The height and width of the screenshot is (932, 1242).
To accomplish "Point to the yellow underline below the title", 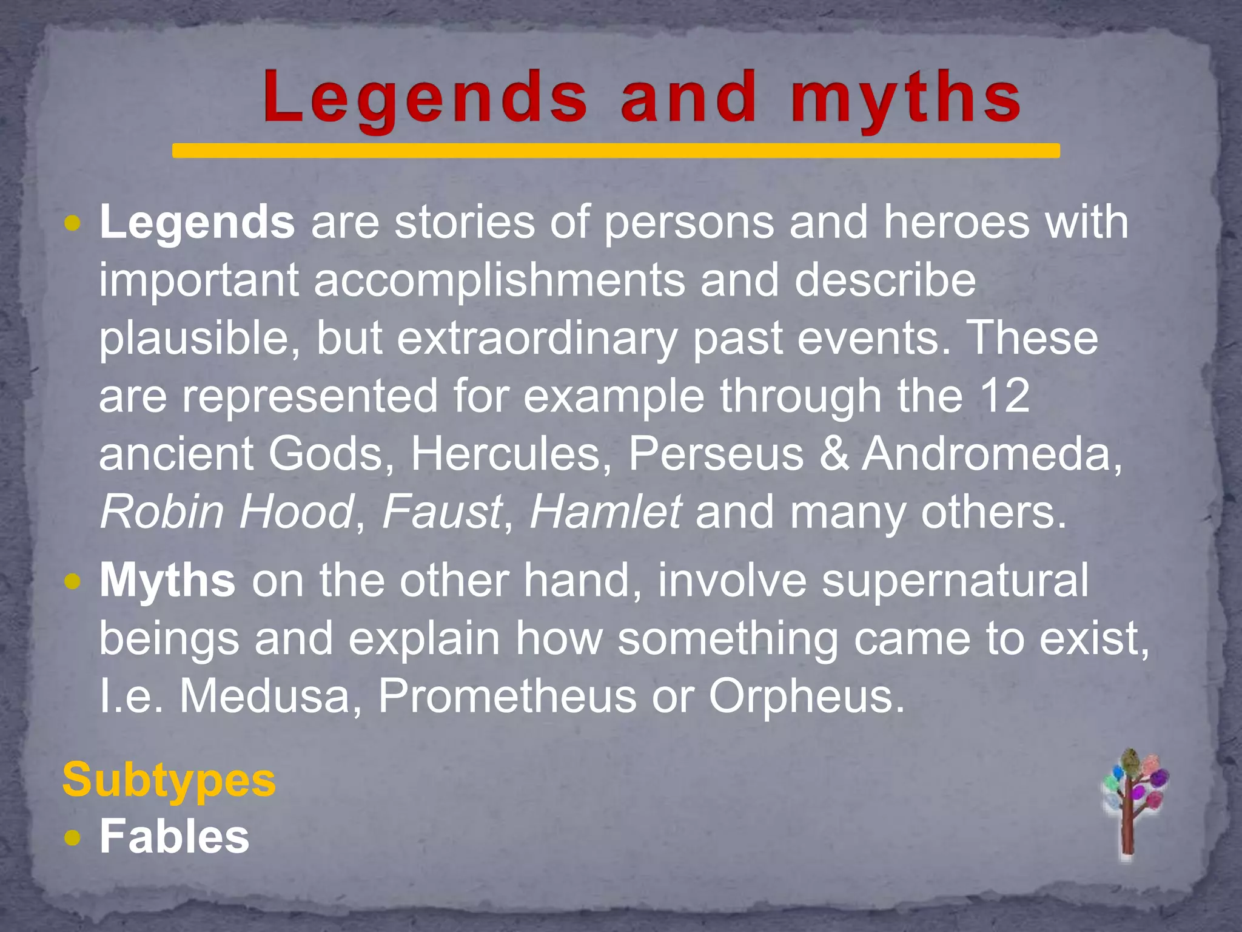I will click(616, 150).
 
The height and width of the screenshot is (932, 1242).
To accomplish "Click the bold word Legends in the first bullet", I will click(197, 223).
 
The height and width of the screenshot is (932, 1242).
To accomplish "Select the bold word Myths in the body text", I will click(167, 581).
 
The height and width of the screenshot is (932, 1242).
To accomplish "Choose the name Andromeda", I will click(992, 454).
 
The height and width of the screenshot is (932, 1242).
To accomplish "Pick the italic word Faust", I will click(442, 512).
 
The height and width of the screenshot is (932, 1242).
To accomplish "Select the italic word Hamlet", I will click(605, 512).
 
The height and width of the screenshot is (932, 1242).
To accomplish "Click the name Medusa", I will click(265, 695).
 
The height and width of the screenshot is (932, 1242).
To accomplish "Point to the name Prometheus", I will click(507, 695).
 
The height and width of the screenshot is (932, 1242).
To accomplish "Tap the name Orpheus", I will click(806, 695).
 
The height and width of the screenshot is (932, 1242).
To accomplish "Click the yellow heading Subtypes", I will click(169, 780).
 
